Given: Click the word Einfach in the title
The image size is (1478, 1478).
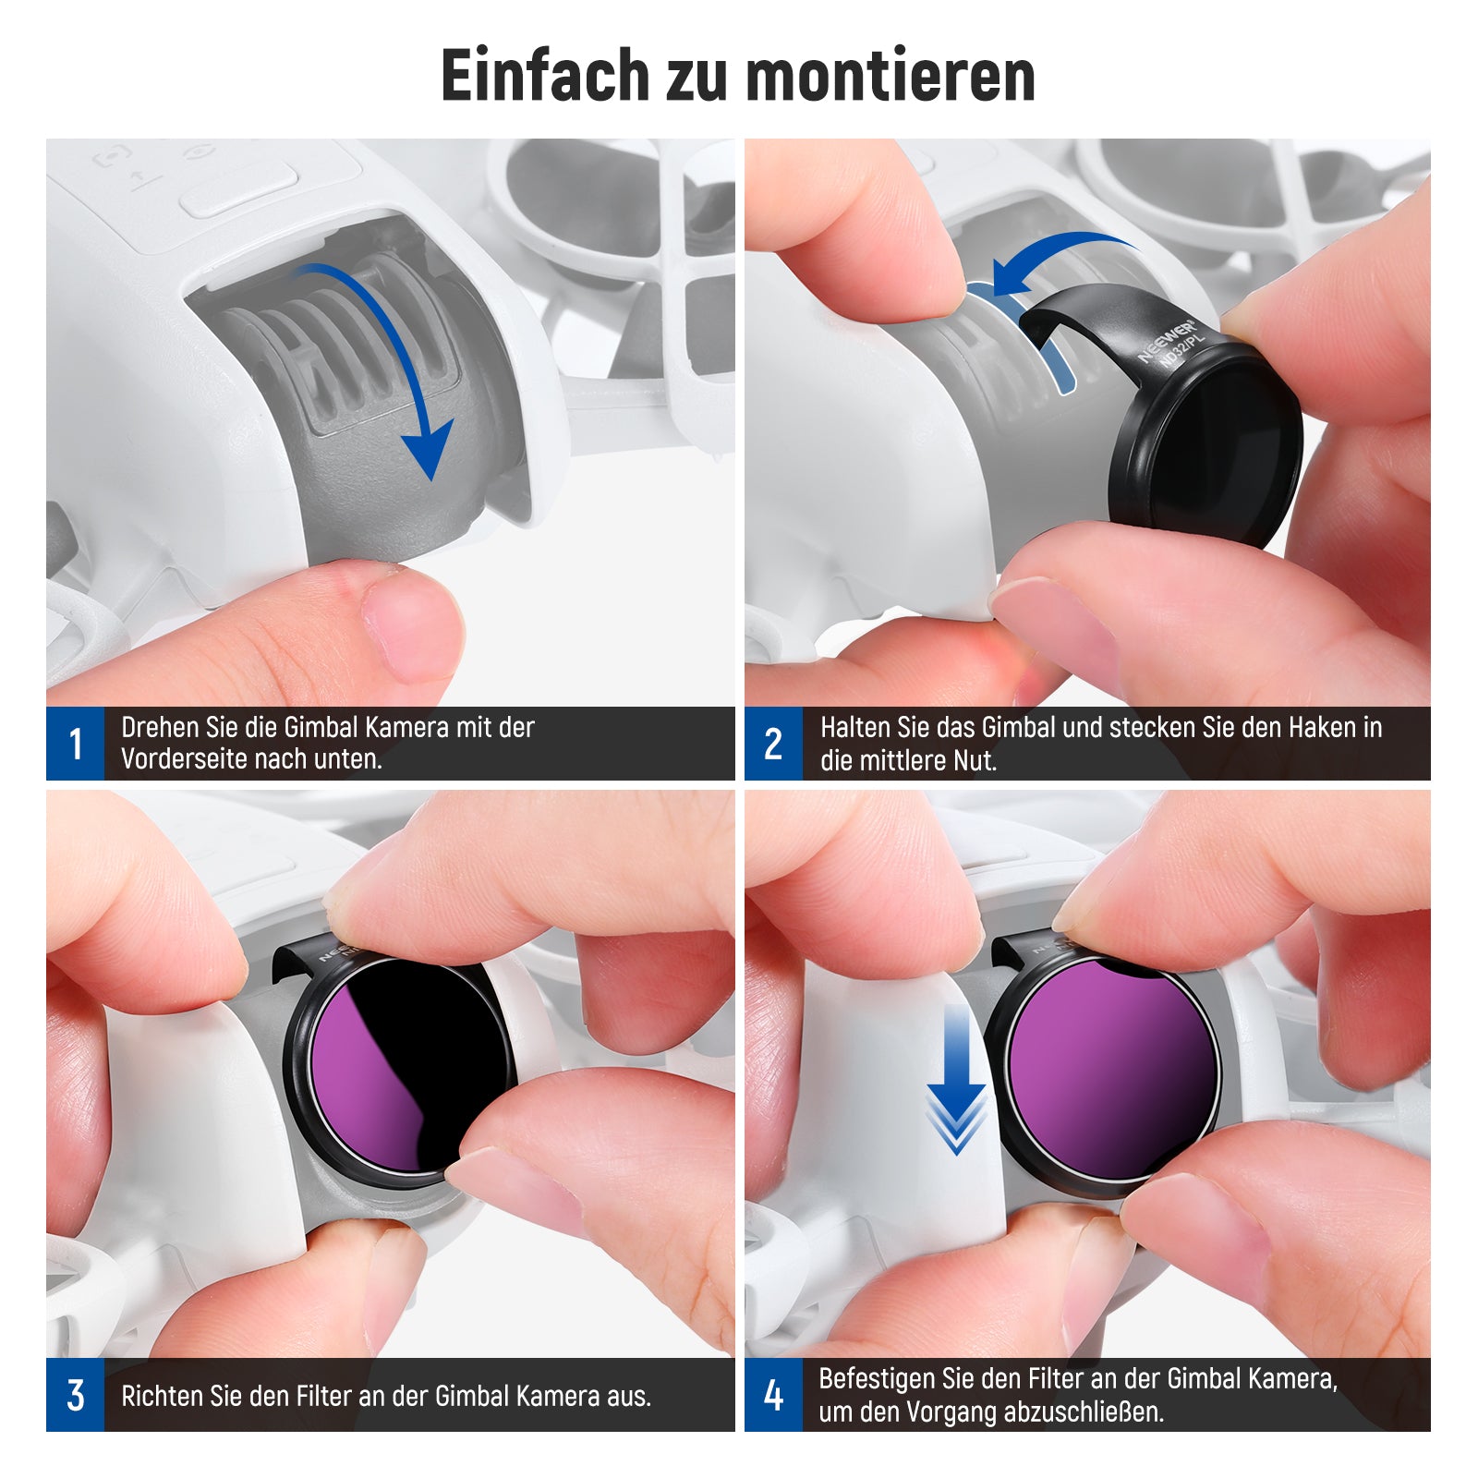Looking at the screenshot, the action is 546,75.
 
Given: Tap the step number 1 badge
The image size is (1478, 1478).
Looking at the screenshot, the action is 75,744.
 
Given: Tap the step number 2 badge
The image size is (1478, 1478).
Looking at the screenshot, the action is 774,744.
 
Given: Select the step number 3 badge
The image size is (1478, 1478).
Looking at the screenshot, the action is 75,1395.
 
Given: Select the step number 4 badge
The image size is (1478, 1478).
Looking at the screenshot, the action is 774,1395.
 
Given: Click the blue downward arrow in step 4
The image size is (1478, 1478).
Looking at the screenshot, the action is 956,1081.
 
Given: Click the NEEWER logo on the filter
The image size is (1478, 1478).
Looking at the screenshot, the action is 1166,341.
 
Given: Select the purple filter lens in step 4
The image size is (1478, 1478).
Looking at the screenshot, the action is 1113,1072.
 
